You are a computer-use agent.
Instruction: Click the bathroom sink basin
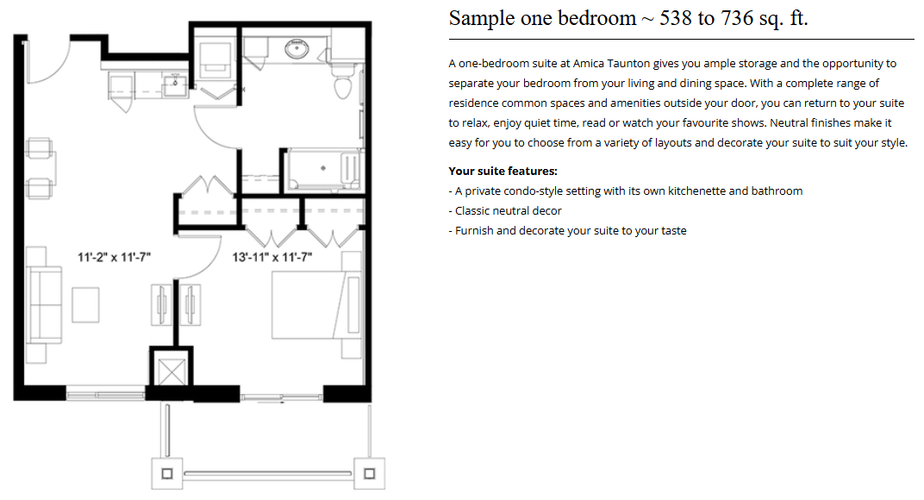click(297, 48)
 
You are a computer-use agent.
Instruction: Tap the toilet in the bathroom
click(344, 82)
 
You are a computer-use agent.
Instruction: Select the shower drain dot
click(323, 168)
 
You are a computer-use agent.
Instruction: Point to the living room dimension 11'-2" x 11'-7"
click(115, 257)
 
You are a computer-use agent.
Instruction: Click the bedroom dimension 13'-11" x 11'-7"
click(272, 257)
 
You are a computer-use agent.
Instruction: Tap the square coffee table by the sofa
click(85, 305)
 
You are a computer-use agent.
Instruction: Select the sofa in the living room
click(44, 305)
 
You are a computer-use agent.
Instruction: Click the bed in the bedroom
click(315, 305)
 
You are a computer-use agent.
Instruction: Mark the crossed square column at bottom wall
click(172, 372)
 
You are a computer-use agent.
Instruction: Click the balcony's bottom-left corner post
click(167, 473)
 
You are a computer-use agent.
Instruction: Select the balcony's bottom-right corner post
click(370, 473)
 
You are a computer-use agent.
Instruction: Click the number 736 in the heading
click(737, 18)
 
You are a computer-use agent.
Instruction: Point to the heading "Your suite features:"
click(503, 171)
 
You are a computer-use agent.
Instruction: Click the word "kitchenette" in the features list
click(696, 191)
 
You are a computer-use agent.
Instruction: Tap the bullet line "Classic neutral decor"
click(505, 210)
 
